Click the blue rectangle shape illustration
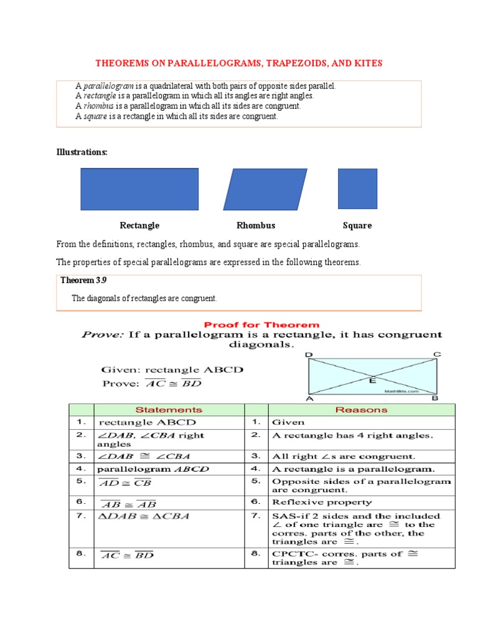tap(139, 189)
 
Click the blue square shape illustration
tap(357, 188)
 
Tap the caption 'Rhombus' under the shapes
tap(256, 225)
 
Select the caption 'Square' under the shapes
tap(357, 225)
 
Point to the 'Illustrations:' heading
tap(82, 152)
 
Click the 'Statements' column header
tap(169, 409)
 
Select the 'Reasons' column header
tap(361, 409)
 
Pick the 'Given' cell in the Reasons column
tap(288, 422)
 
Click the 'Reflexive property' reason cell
tap(322, 501)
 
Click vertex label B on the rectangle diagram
tap(435, 398)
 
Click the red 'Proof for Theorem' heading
tap(262, 325)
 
